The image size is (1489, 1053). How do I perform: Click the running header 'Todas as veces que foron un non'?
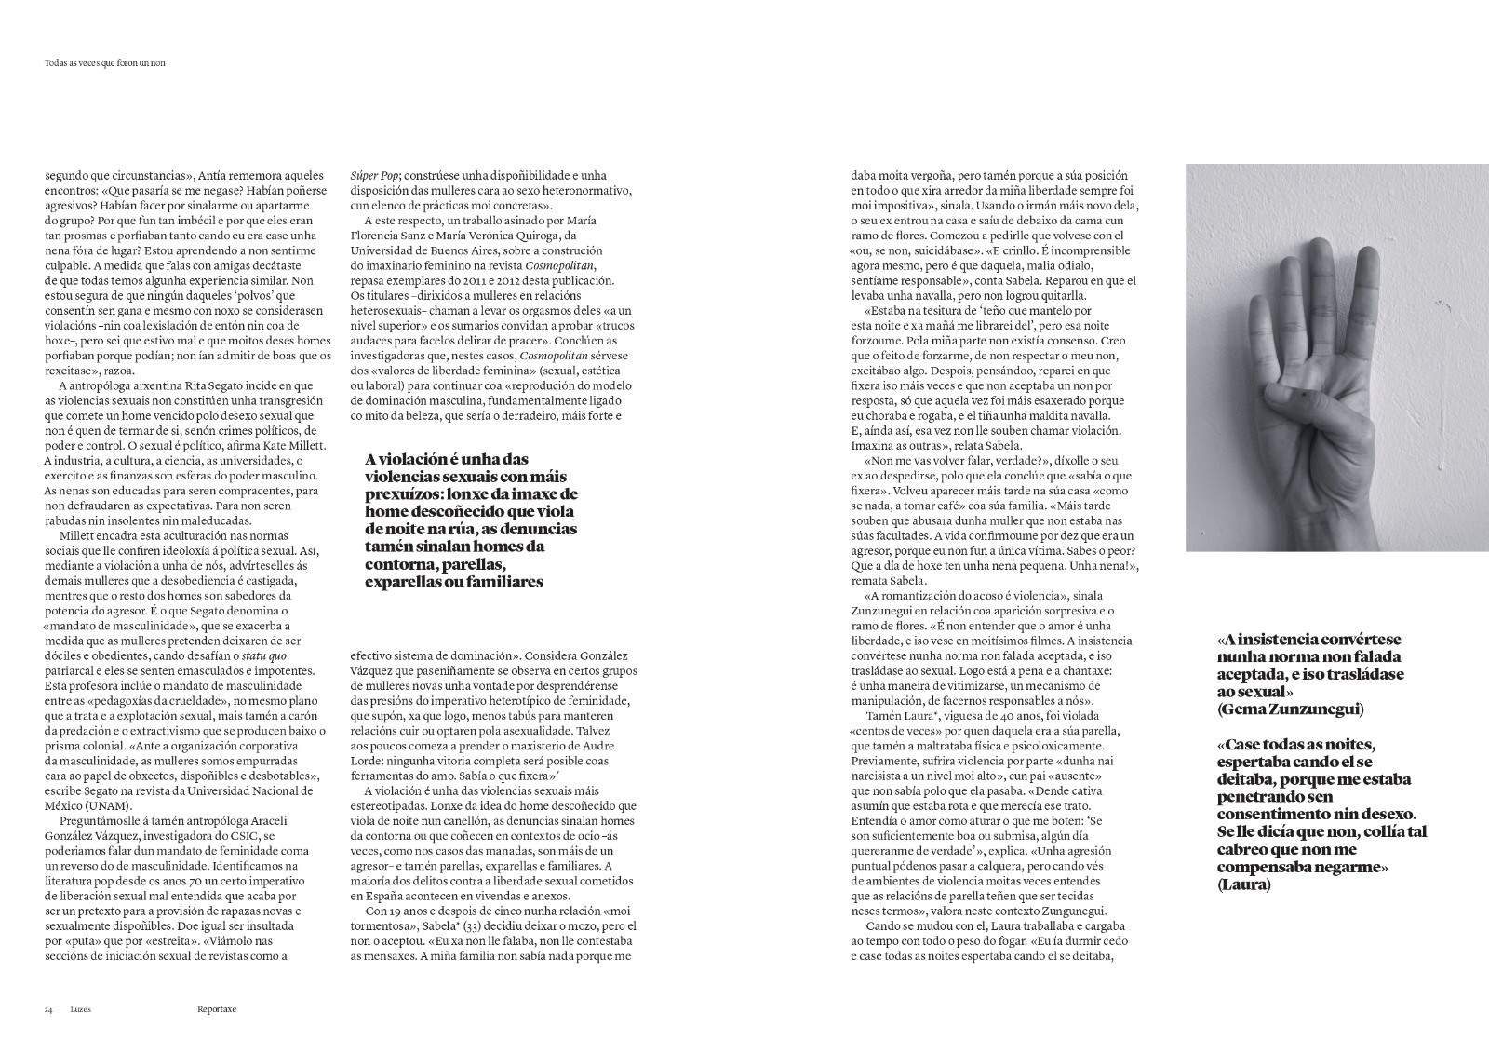(111, 63)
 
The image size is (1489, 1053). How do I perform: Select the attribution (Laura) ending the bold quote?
(1242, 884)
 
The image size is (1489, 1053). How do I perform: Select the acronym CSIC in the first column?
(236, 836)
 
